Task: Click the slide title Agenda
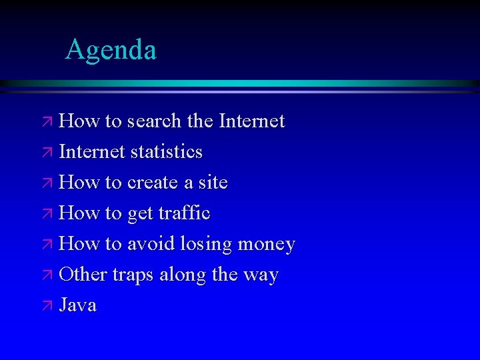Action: click(x=111, y=50)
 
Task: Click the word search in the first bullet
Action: click(x=154, y=121)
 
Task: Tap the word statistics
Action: click(x=166, y=152)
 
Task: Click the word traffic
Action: click(x=184, y=213)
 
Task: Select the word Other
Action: click(x=83, y=275)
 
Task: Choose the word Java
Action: click(x=78, y=305)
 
